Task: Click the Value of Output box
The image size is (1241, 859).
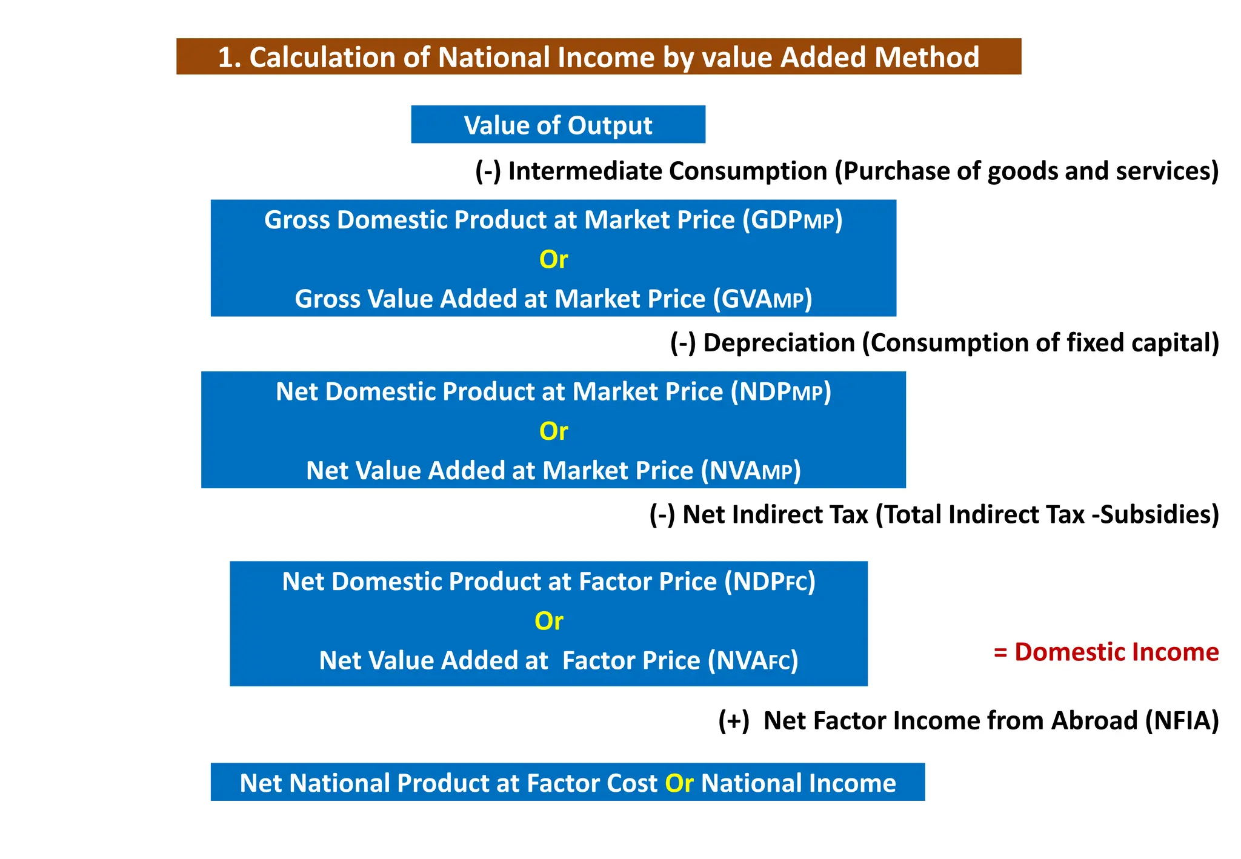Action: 557,125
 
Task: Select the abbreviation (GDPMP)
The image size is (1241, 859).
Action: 793,220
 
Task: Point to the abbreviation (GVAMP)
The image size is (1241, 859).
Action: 762,299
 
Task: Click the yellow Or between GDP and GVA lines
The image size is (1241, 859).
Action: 553,259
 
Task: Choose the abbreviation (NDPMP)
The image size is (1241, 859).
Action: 780,392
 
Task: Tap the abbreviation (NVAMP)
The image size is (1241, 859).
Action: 750,471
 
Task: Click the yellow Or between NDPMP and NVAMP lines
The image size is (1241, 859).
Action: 553,431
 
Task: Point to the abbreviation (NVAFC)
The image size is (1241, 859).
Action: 753,661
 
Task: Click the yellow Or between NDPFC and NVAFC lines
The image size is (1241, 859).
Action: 548,621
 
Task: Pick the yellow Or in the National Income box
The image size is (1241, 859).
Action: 679,783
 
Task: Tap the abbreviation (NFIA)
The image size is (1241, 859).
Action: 1182,721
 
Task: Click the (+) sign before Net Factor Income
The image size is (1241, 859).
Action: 733,721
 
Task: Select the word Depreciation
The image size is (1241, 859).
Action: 778,343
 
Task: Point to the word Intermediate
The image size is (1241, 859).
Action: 585,171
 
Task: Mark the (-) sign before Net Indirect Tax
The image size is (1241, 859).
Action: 662,514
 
